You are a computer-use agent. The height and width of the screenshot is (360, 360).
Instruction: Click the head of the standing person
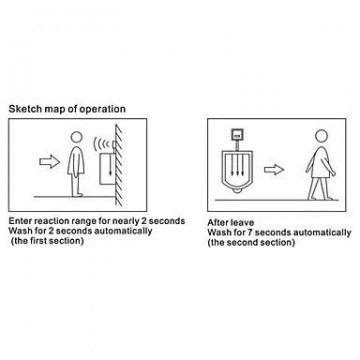[77, 138]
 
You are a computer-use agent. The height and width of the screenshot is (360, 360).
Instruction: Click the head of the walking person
[322, 136]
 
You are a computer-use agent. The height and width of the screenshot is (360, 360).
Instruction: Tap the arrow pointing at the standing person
[49, 162]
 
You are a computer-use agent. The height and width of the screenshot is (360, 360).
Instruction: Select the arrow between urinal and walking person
[274, 170]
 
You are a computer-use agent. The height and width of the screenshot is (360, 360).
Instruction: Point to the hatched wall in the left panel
[119, 165]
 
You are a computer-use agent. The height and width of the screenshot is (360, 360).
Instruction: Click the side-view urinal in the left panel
[107, 168]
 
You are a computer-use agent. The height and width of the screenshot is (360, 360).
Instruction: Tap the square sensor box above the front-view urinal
[237, 135]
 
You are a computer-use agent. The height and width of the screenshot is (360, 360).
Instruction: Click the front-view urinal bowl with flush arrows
[237, 171]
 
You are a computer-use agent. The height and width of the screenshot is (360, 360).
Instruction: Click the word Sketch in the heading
[23, 109]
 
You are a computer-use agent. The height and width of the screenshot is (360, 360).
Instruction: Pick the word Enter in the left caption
[19, 221]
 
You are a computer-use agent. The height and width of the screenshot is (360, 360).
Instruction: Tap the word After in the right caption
[217, 222]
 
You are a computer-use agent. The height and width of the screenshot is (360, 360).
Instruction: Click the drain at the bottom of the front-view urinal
[237, 191]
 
